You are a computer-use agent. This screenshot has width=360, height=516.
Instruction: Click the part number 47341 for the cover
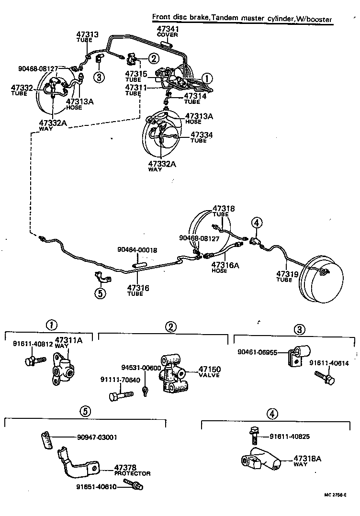click(167, 29)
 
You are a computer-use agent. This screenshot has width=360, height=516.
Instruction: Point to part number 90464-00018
click(137, 250)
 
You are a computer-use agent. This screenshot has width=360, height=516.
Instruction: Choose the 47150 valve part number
click(209, 369)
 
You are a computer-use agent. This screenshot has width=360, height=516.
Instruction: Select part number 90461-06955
click(258, 352)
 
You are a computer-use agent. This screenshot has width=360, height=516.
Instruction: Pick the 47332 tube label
click(22, 87)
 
